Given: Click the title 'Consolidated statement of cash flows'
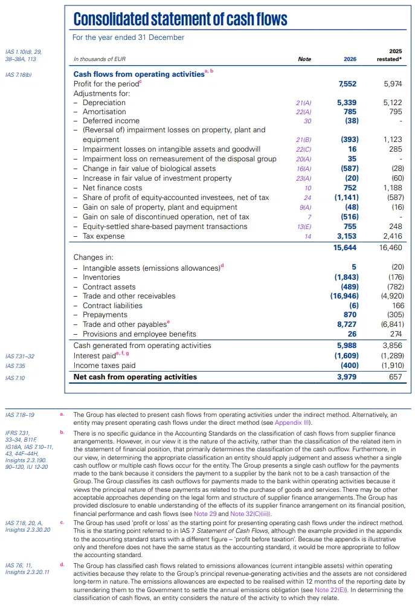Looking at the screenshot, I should click(180, 19).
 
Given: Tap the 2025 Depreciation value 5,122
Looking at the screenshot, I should click(392, 103).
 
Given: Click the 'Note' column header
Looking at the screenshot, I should click(304, 59).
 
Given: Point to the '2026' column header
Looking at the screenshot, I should click(350, 59).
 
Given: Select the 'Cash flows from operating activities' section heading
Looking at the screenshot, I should click(138, 74).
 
